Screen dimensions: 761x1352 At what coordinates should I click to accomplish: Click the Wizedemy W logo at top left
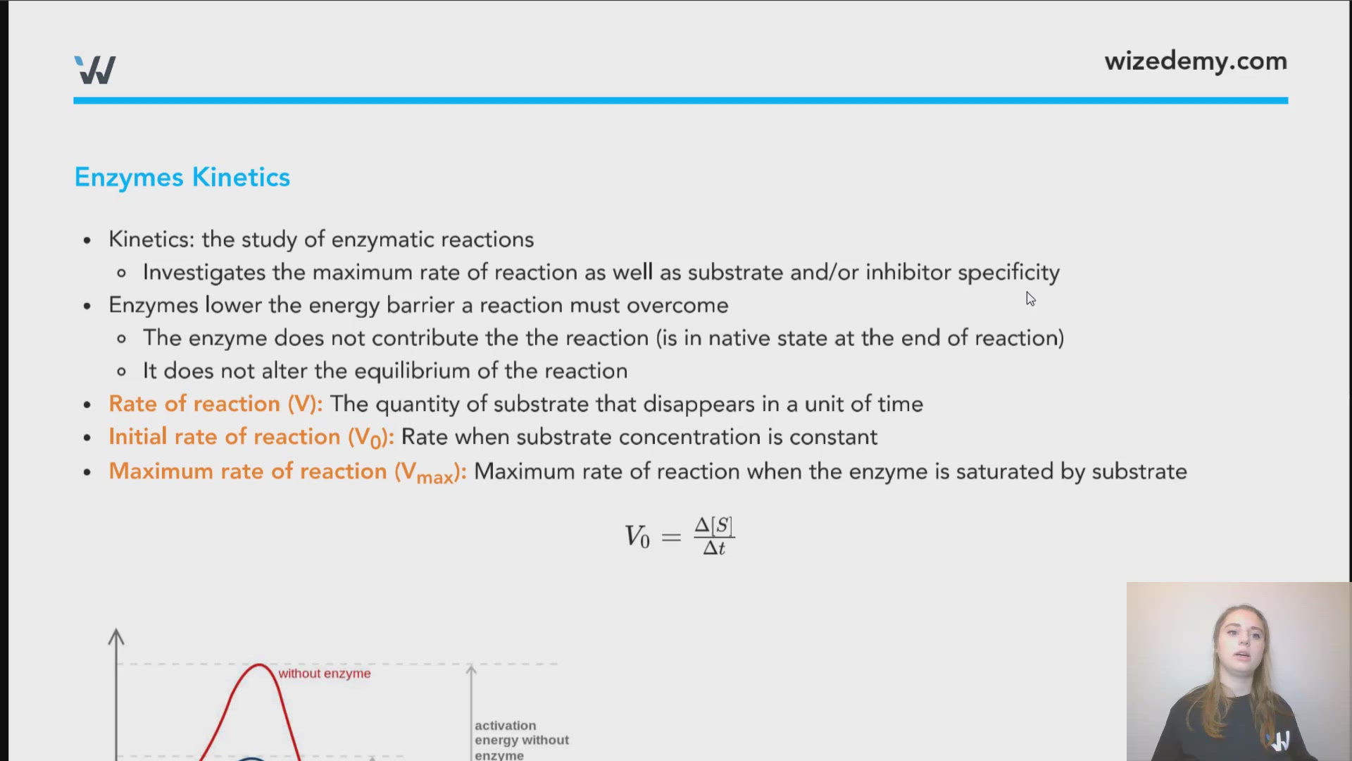(95, 70)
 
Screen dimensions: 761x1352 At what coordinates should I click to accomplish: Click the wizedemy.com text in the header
(1195, 61)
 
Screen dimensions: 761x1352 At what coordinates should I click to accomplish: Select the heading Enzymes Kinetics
(182, 178)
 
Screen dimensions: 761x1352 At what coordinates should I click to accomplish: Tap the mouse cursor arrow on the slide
(1029, 299)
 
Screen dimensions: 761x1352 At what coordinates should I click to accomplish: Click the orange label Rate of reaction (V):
(215, 404)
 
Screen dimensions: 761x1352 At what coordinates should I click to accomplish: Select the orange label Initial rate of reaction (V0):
(251, 438)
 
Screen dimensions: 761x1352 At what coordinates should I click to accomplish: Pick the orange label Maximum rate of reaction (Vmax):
(287, 472)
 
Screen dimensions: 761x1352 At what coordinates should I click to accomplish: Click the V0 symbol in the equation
(637, 537)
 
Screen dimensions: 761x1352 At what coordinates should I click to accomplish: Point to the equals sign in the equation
(671, 538)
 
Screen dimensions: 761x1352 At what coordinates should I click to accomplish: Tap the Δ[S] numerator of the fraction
(714, 526)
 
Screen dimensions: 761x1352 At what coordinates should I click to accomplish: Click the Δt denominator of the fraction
(714, 548)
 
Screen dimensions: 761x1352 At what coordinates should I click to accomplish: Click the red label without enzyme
(324, 674)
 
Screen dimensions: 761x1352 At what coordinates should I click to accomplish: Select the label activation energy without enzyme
(521, 740)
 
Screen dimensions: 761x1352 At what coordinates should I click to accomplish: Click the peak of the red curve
(259, 664)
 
